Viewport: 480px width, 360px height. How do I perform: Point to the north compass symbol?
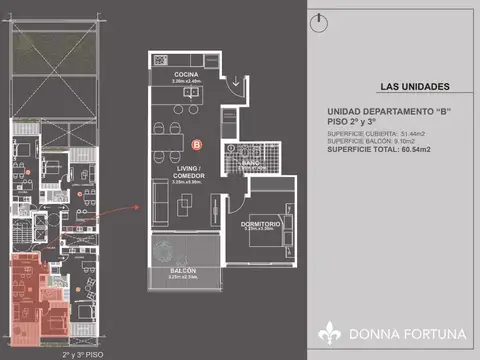(x=317, y=20)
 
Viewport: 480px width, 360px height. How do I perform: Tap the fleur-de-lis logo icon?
(x=330, y=331)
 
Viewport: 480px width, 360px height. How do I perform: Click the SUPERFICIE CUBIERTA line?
(x=376, y=132)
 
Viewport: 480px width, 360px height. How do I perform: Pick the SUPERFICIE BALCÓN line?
(x=372, y=140)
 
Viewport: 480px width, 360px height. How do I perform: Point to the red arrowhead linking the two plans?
(x=133, y=208)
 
